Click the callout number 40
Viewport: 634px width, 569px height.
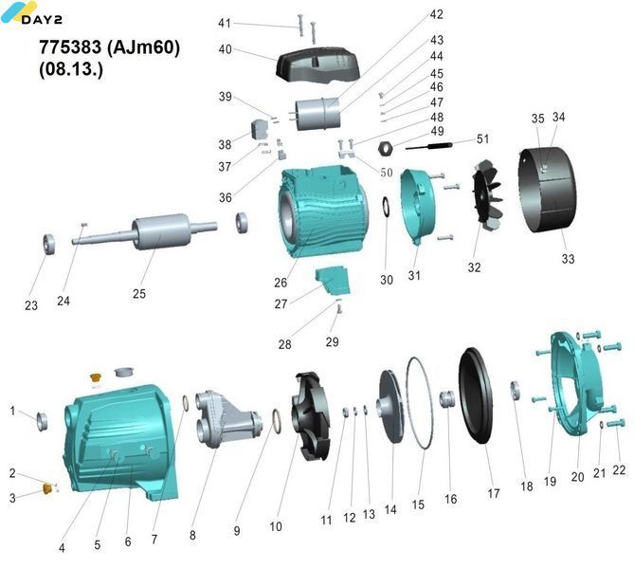(226, 49)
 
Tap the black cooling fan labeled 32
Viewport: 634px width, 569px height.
(488, 196)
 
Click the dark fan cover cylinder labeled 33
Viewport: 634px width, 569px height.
(548, 190)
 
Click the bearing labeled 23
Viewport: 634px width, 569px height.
(49, 244)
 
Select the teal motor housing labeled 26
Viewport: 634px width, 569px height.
(323, 211)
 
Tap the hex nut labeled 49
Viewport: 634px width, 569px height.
(385, 148)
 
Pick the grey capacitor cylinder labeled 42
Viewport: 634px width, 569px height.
(318, 114)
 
